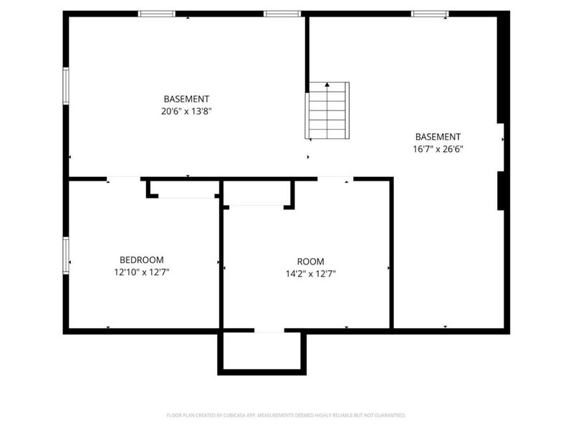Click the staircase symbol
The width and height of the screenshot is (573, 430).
click(329, 111)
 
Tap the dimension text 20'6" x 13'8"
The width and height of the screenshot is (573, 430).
click(186, 111)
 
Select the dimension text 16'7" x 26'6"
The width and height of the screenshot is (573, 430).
click(438, 149)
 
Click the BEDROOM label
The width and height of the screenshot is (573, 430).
click(141, 259)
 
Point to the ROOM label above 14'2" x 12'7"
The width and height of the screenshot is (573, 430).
click(310, 261)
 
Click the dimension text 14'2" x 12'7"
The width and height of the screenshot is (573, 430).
click(311, 273)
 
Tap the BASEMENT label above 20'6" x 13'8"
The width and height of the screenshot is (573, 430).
click(186, 99)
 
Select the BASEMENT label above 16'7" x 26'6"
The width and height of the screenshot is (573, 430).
click(438, 137)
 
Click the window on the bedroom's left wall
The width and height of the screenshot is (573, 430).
click(66, 256)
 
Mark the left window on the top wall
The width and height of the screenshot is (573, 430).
click(157, 14)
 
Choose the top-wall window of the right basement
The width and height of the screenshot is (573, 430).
click(430, 14)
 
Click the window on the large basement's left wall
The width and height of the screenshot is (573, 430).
click(66, 86)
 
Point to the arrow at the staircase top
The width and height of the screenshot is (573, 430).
click(328, 85)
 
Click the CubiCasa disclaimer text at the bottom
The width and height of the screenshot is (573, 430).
click(286, 415)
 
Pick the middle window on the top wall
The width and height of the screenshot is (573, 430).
click(282, 14)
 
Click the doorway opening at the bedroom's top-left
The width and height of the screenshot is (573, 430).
click(123, 178)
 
